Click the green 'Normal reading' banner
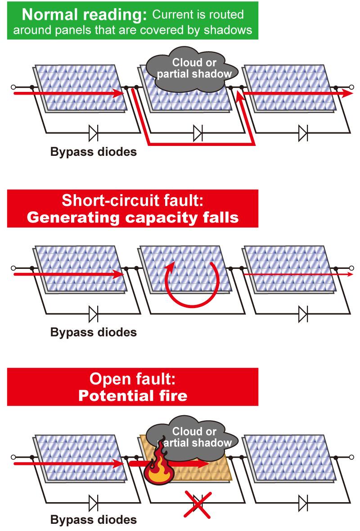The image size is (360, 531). click(x=133, y=20)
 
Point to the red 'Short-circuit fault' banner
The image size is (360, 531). click(x=133, y=208)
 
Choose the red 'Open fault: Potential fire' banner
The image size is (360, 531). click(x=133, y=386)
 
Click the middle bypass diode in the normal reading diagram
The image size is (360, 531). click(x=197, y=133)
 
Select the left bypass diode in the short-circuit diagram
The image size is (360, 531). click(x=93, y=313)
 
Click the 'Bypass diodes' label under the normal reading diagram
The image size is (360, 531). click(x=93, y=152)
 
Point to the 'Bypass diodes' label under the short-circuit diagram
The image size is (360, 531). click(x=93, y=333)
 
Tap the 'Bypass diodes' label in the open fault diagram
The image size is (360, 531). click(x=93, y=520)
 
